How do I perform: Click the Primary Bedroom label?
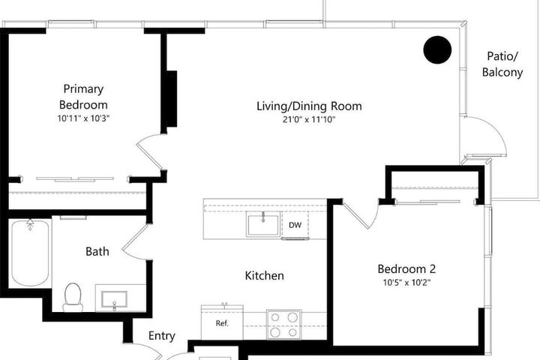(83, 97)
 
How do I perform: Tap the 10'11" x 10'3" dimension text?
(83, 118)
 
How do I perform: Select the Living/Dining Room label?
(309, 106)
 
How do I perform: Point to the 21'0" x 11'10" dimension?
(309, 120)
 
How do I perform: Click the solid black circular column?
(437, 50)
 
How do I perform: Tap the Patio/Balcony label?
(502, 64)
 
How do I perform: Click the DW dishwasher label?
(295, 225)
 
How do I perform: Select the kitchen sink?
(262, 225)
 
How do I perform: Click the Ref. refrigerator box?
(222, 322)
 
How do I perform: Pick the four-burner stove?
(283, 324)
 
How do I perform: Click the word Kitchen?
(265, 275)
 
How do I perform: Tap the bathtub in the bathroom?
(30, 253)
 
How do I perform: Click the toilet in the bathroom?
(73, 297)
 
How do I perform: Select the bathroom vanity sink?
(114, 299)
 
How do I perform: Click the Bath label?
(97, 251)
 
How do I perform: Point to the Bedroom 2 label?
(406, 268)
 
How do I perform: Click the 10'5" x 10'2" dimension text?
(406, 283)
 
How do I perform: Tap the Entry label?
(161, 336)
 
